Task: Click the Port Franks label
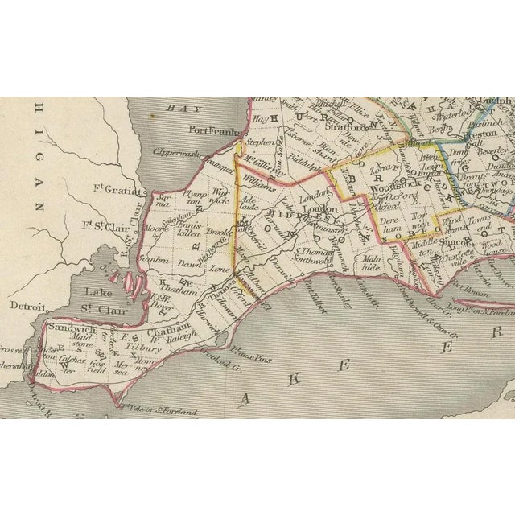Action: pos(212,128)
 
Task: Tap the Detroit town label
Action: pos(27,307)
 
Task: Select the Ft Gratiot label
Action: pos(122,191)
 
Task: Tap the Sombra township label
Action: pos(153,260)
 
